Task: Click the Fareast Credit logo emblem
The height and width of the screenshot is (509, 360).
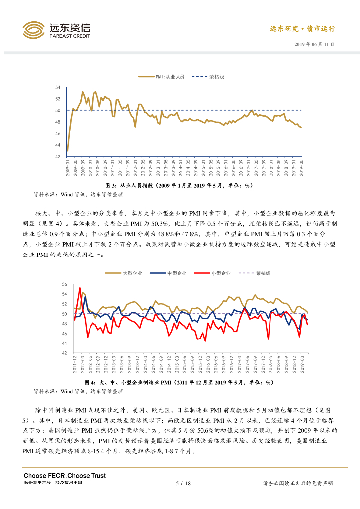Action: tap(34, 30)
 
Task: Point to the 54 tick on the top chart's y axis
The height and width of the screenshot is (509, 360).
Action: tap(58, 87)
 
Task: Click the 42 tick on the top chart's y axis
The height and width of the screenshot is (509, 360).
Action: tap(58, 156)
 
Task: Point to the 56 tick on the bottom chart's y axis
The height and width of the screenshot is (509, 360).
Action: tap(64, 284)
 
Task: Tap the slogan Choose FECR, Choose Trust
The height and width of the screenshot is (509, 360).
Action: tap(65, 476)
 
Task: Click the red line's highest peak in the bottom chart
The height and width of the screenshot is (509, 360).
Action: tap(80, 288)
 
